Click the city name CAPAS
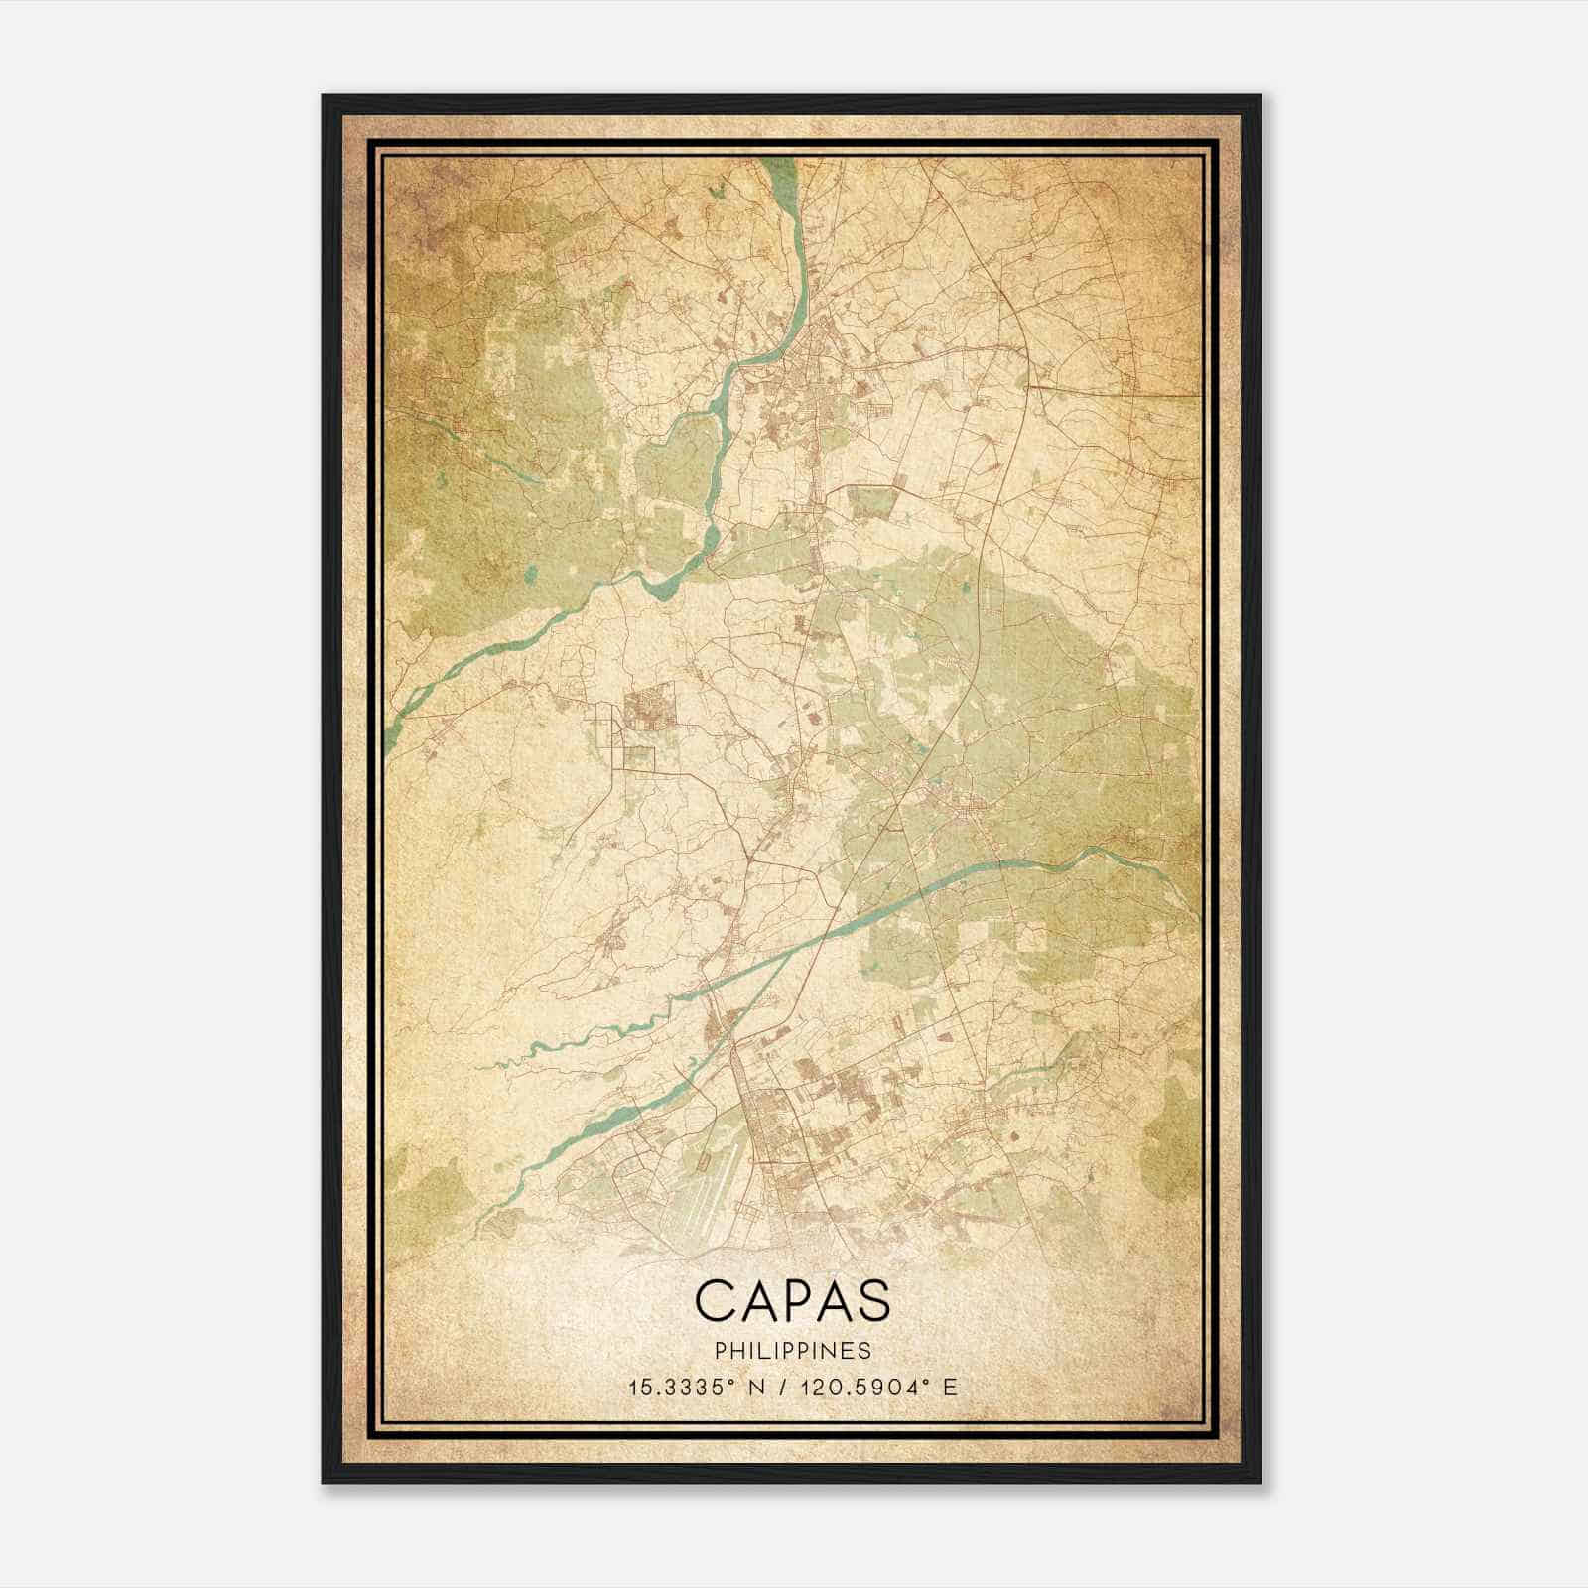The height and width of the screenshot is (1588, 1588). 792,1300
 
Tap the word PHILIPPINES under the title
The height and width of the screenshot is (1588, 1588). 792,1351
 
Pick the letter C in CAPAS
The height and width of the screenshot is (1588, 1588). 715,1300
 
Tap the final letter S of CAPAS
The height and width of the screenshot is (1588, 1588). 872,1300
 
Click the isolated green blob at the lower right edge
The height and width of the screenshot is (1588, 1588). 1171,1141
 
